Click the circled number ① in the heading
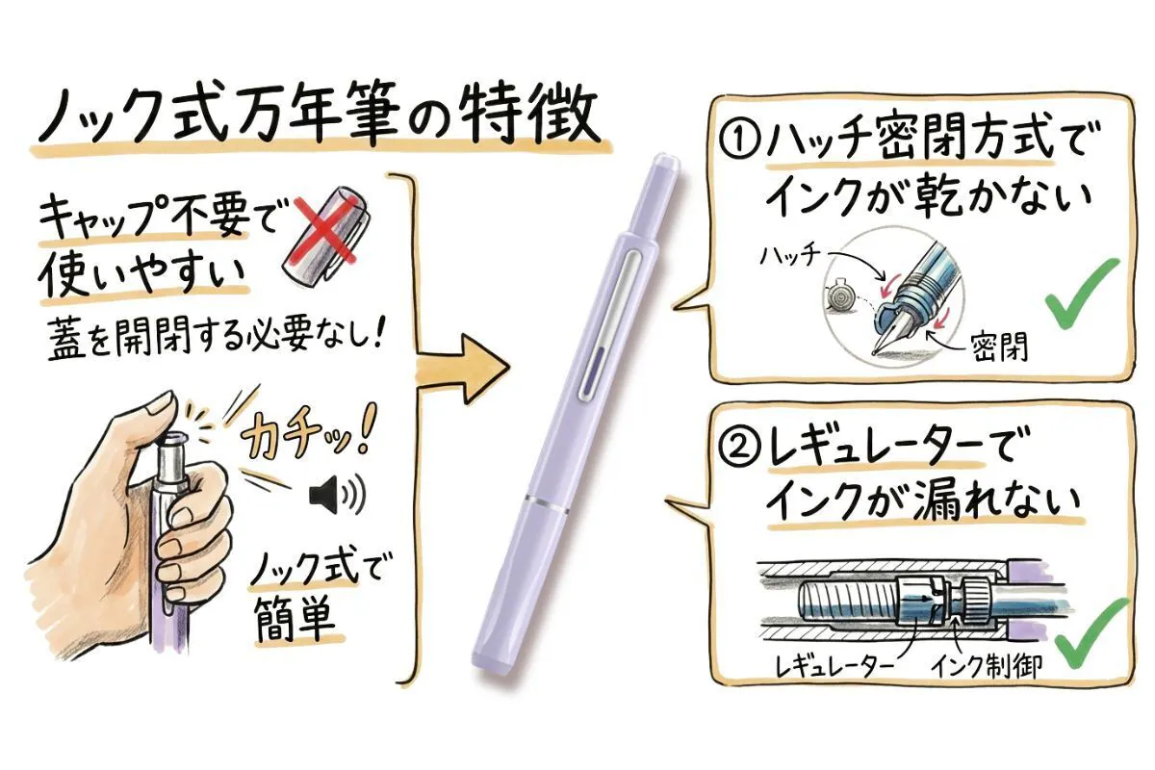point(741,142)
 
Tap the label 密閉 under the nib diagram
point(999,346)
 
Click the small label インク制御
point(986,665)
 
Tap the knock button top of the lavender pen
point(664,164)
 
